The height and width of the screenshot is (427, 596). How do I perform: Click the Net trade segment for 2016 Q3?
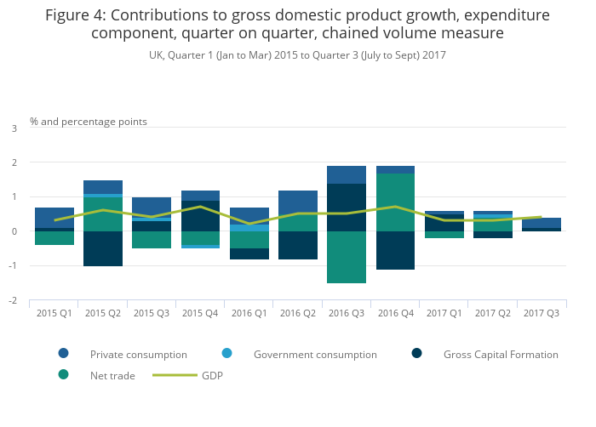coord(347,257)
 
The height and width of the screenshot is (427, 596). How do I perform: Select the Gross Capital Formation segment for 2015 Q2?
coord(102,248)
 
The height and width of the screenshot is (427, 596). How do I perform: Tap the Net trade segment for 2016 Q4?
coord(395,202)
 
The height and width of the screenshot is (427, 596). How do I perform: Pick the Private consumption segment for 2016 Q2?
coord(297,202)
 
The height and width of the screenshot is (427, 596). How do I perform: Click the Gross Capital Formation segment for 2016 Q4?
coord(395,250)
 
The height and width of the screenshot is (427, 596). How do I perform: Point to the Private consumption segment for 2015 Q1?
coord(54,218)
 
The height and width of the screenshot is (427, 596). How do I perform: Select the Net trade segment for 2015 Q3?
coord(151,240)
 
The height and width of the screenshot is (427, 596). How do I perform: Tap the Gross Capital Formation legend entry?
coord(501,354)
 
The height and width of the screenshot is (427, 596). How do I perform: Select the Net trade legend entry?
coord(112,375)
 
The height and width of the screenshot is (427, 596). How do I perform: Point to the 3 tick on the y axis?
coord(14,128)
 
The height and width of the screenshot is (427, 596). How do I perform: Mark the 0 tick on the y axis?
coord(14,231)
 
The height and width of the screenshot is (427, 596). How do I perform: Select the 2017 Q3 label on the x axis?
coord(542,313)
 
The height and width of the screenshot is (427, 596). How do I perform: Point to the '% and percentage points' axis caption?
coord(89,122)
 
